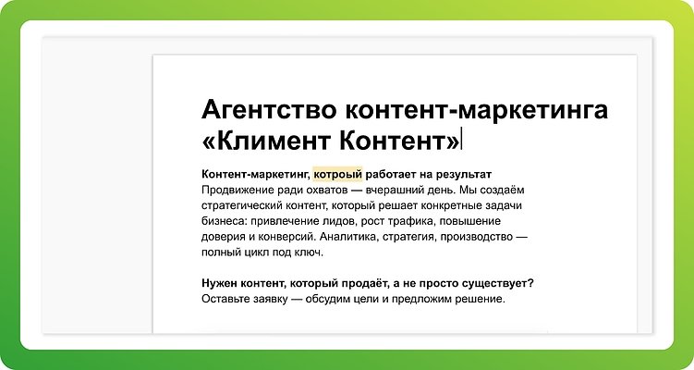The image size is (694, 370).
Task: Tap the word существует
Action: (495, 283)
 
